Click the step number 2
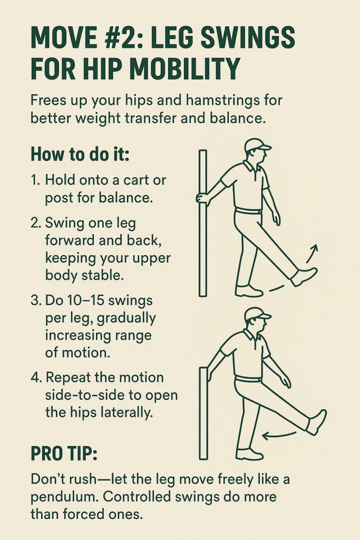click(35, 223)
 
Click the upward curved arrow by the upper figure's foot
click(314, 253)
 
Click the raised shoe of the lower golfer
click(317, 422)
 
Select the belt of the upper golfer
click(249, 211)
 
